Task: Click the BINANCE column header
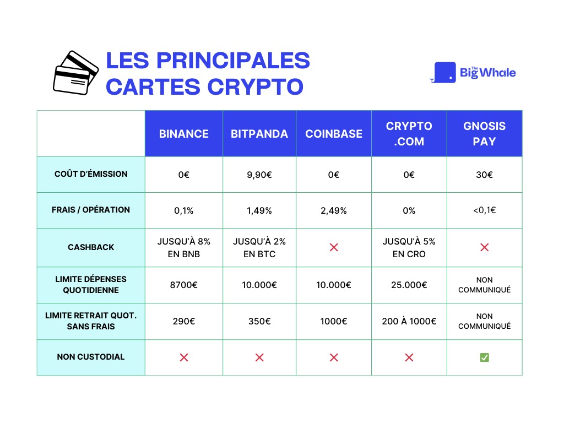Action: coord(183,134)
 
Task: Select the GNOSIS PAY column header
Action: coord(484,134)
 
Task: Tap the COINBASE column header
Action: coord(334,134)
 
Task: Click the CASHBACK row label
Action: coord(91,247)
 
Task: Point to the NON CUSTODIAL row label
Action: coord(91,357)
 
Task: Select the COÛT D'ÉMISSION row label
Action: coord(91,174)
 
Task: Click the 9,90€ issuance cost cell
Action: coord(259,175)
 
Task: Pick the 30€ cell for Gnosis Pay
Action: coord(484,175)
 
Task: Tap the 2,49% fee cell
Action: coord(334,210)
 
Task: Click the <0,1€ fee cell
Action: coord(484,210)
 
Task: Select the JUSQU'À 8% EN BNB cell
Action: coord(183,247)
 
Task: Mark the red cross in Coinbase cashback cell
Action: coord(334,247)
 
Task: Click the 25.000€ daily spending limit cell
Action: coord(409,285)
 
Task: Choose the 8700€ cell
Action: coord(183,285)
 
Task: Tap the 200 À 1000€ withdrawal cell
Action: coord(409,321)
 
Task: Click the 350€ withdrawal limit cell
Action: coord(259,321)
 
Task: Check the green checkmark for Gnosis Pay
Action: coord(484,357)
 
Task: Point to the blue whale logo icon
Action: coord(444,73)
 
